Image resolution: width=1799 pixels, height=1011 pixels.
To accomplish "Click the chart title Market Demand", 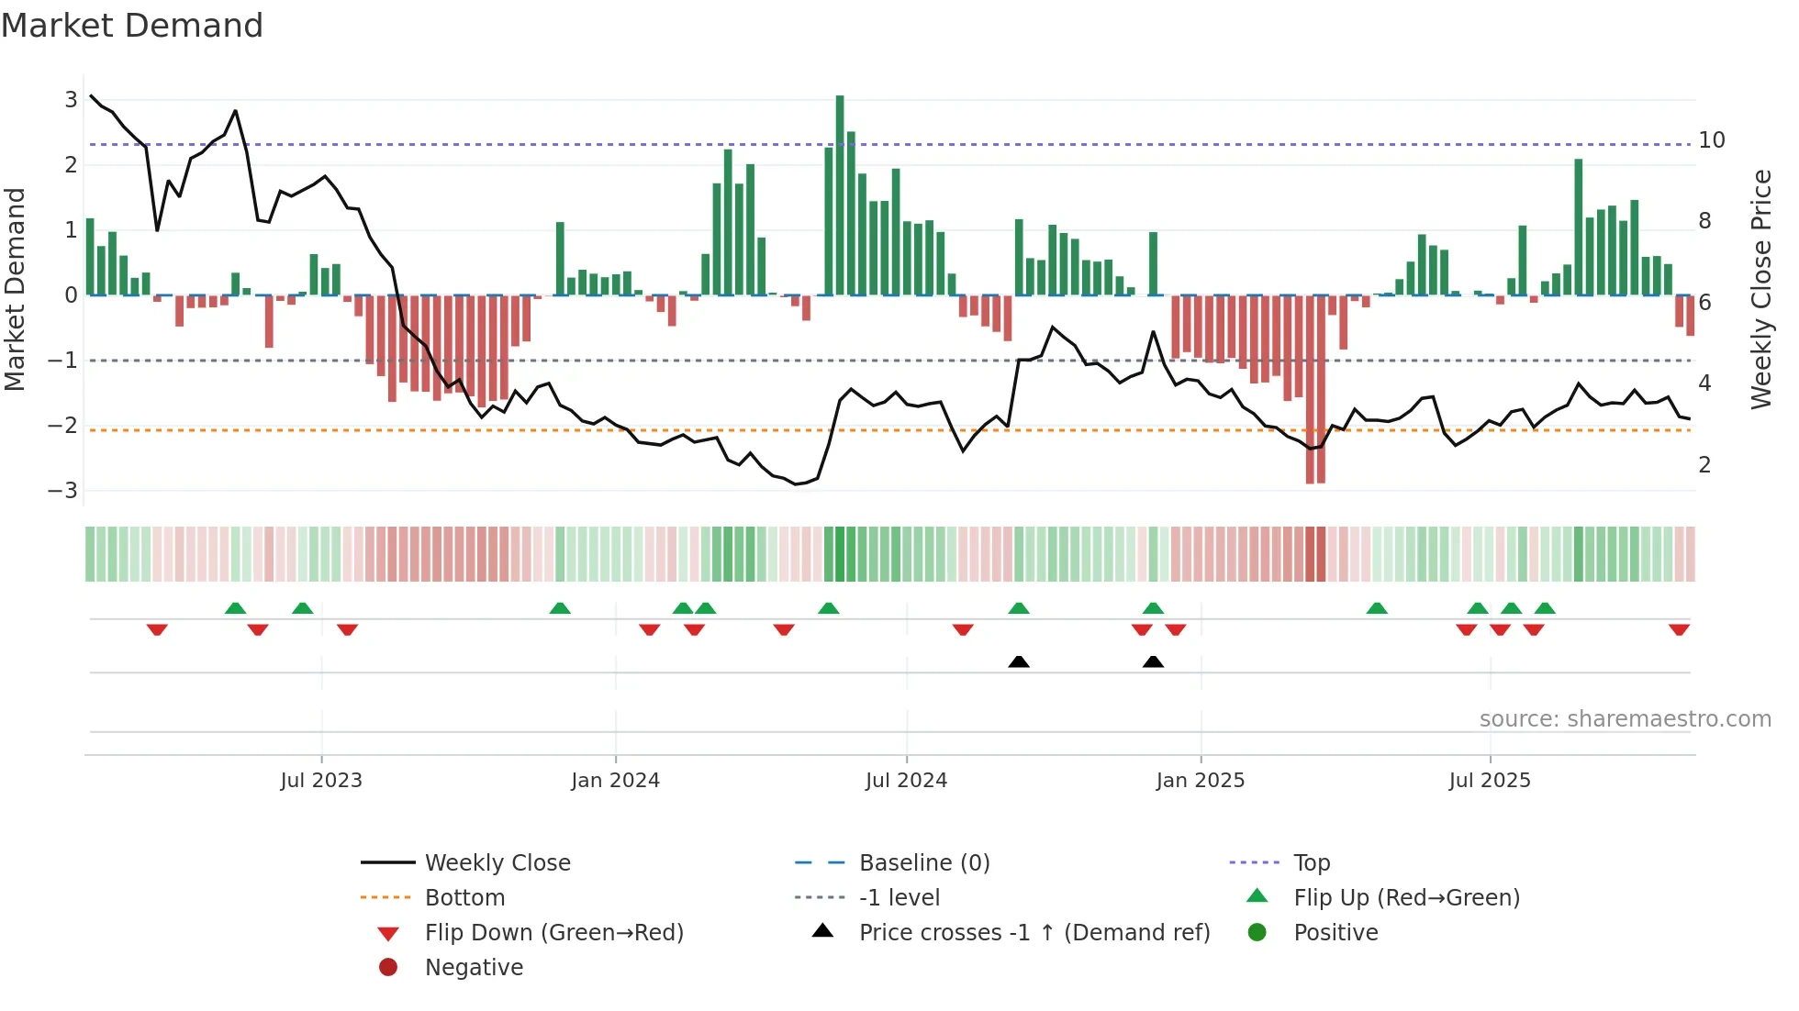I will pos(132,26).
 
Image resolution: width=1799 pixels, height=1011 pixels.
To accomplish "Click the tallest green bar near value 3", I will pos(840,194).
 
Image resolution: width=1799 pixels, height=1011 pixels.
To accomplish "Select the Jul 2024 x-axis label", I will pos(906,781).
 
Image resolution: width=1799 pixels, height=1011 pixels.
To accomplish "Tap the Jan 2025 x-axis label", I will pos(1200,781).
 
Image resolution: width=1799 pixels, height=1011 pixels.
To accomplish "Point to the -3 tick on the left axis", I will pos(63,491).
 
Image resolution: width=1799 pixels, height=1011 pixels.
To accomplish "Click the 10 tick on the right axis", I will pos(1711,140).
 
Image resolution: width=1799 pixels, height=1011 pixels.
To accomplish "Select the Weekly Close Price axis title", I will pos(1760,289).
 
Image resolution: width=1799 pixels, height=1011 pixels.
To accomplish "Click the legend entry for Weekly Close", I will pos(497,863).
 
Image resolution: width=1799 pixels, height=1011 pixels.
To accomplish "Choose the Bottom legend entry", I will pos(464,898).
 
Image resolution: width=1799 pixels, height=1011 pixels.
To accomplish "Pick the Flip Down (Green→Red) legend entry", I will pos(553,933).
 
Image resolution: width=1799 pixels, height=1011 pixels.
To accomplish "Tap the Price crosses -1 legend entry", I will pos(1034,933).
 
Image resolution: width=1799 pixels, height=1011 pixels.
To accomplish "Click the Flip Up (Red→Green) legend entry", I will pos(1406,898).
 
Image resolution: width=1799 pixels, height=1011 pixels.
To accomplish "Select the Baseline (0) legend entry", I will pos(923,863).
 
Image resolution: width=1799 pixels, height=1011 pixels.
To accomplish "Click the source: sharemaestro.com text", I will pos(1625,719).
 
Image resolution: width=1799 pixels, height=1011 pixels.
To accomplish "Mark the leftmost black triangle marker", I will pos(1019,661).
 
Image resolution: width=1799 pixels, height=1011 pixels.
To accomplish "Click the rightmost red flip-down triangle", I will pos(1679,629).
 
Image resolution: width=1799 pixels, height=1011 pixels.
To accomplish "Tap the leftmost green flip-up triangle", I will pos(235,608).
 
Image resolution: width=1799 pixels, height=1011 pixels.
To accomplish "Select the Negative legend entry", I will pos(474,968).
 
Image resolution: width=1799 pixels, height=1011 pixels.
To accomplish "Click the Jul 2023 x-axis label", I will pos(321,781).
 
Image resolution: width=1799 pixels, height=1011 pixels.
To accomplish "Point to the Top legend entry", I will pos(1311,863).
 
